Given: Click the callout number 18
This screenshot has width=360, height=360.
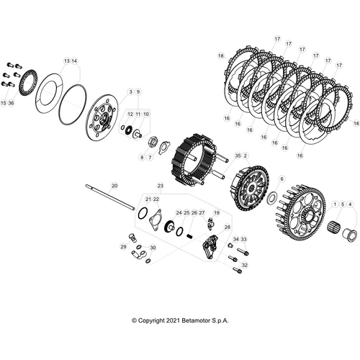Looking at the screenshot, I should point(220,55).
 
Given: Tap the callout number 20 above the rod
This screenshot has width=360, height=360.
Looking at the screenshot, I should point(114,186).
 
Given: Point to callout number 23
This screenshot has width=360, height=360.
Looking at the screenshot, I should point(160,186).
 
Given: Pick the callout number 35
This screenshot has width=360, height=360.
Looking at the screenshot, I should point(237,155).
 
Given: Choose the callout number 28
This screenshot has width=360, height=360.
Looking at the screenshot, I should point(227,227).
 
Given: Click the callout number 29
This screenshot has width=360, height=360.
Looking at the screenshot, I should point(123,247).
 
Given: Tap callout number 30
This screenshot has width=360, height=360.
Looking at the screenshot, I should point(152,247).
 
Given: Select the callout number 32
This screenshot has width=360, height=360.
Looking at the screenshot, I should point(245,265).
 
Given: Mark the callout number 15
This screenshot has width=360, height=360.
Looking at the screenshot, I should point(4,103).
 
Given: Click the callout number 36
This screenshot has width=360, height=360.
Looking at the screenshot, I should point(12,103).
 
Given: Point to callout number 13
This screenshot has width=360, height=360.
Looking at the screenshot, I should point(66,60).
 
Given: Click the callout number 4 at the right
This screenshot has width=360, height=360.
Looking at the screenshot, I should point(350,204).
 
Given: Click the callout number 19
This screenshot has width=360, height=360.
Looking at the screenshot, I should point(216,213).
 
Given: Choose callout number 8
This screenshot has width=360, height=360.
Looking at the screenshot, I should point(142,157).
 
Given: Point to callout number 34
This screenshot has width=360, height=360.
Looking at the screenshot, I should point(235,239).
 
